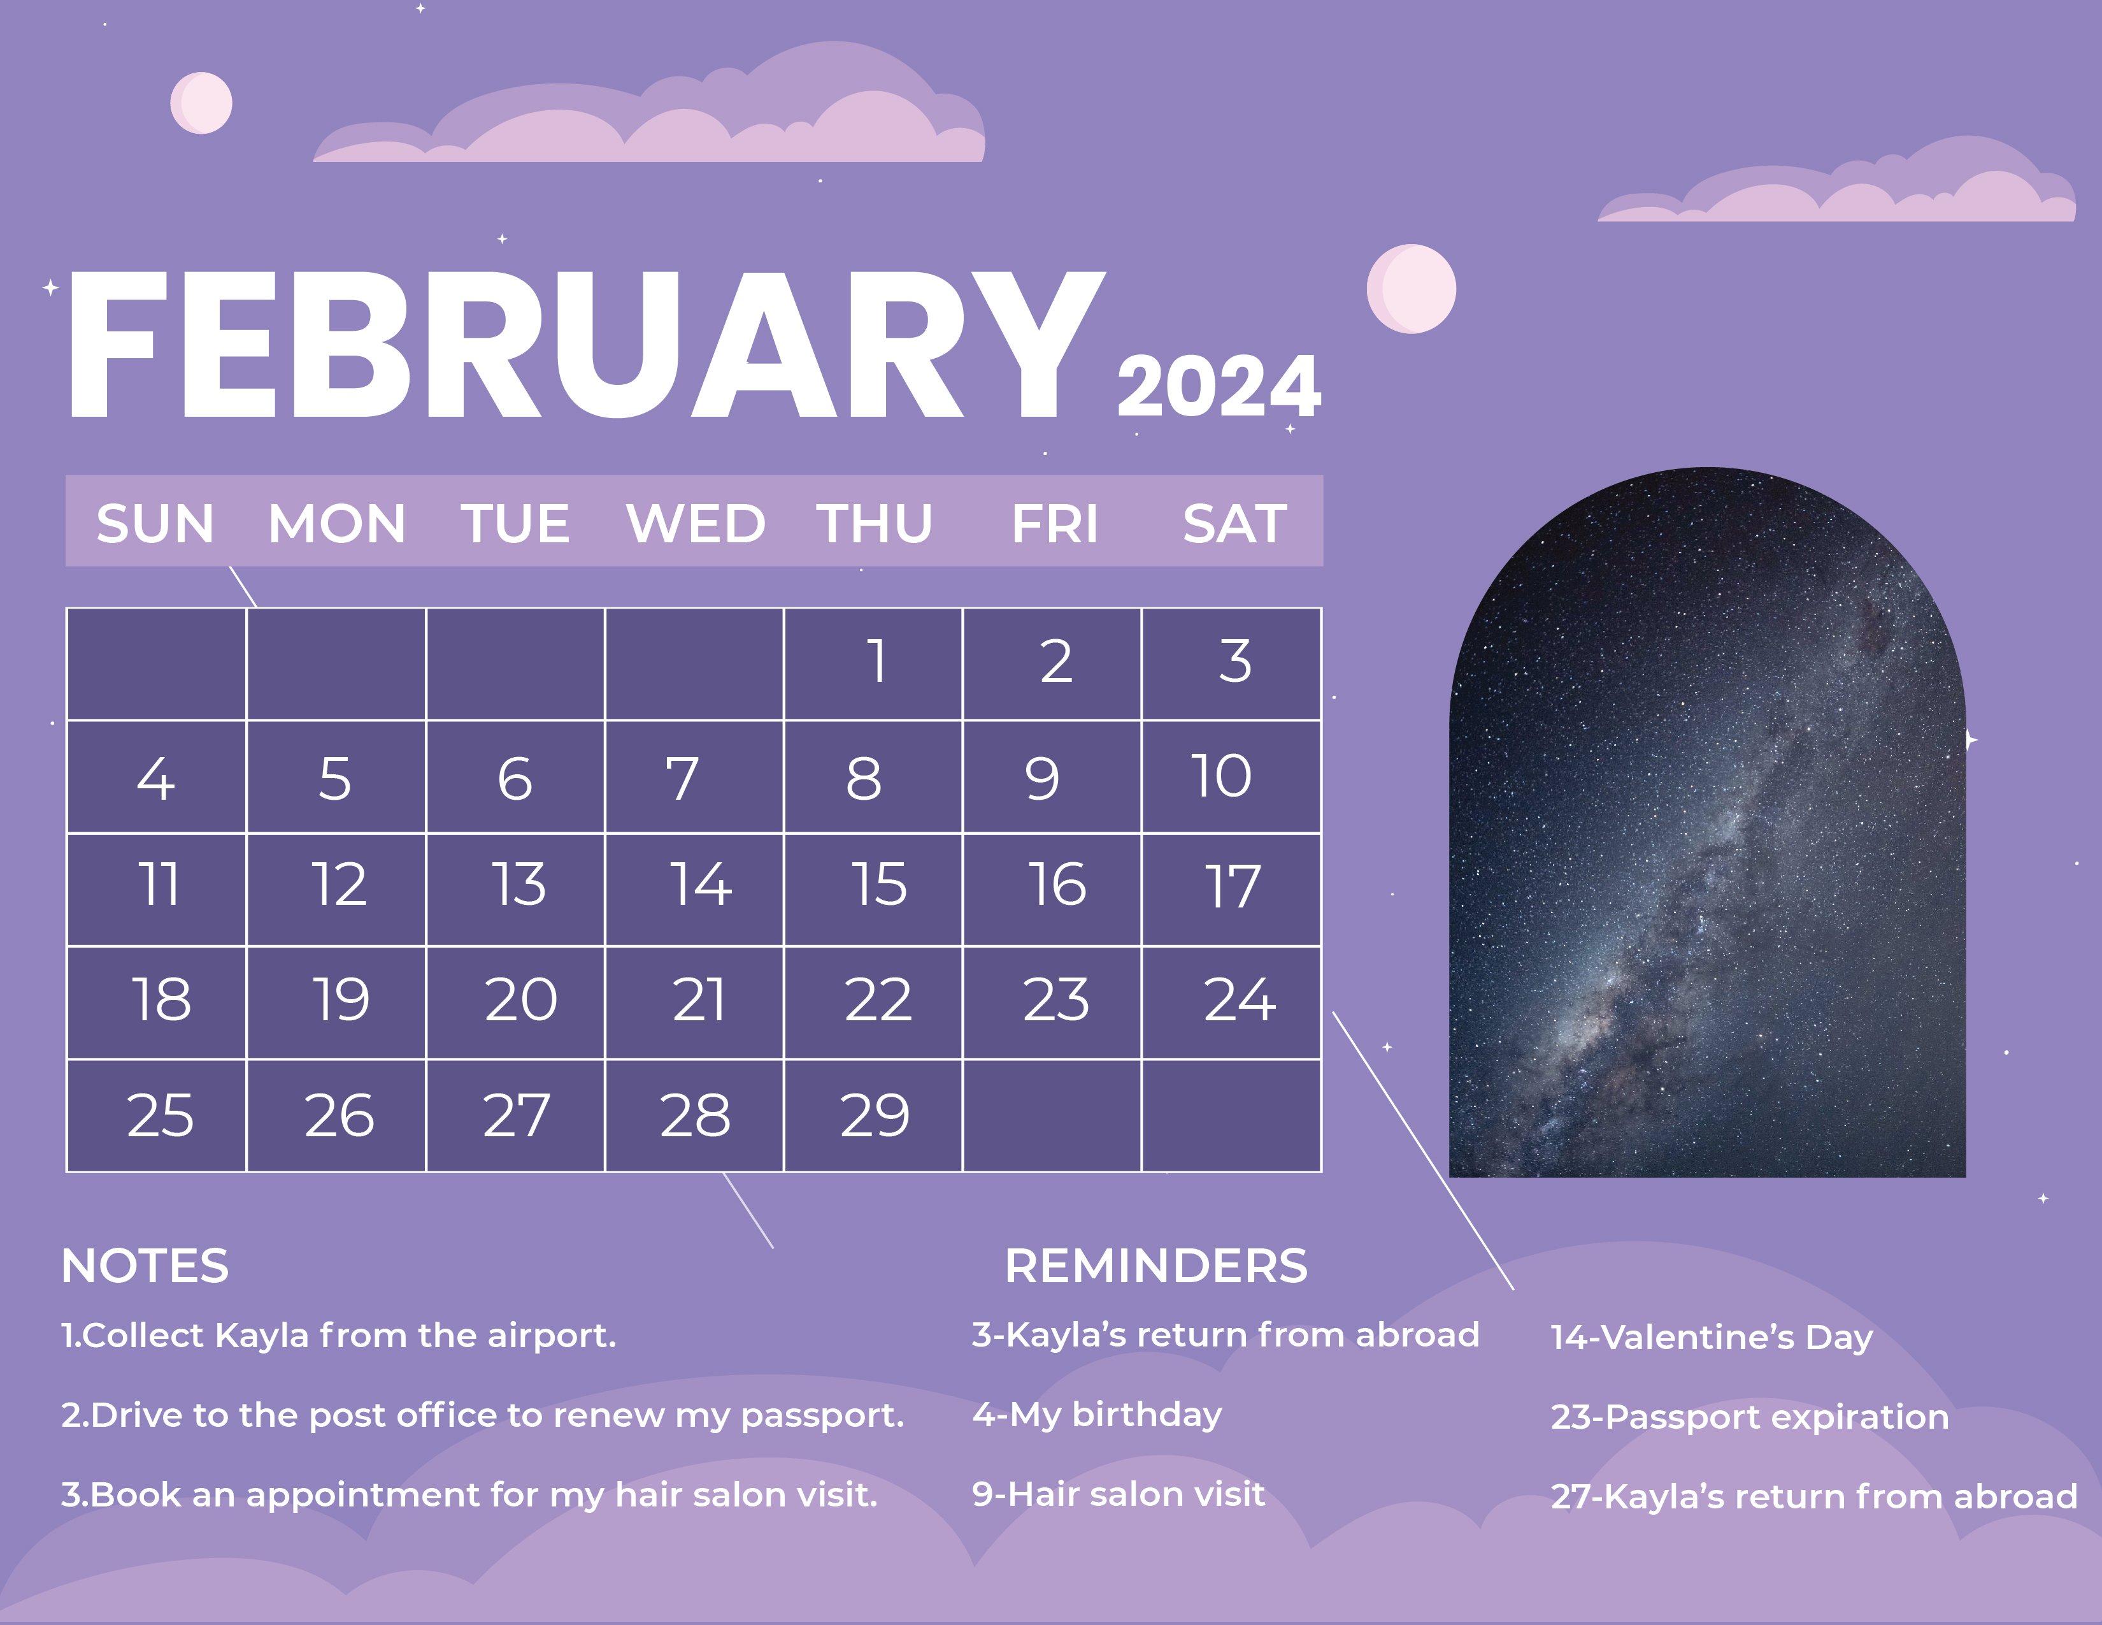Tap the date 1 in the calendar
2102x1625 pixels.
(876, 661)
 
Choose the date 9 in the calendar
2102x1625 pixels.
(1042, 778)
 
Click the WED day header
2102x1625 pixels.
(695, 524)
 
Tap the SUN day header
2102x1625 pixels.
(155, 524)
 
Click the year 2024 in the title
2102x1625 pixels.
(1219, 386)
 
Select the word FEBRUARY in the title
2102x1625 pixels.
(585, 347)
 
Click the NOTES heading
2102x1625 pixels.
(145, 1266)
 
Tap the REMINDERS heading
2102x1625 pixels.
(1156, 1266)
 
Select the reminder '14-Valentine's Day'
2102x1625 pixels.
(1712, 1337)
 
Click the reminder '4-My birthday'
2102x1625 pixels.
(1096, 1414)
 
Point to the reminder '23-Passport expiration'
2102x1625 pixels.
(1748, 1417)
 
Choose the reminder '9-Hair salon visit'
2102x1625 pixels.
(1117, 1494)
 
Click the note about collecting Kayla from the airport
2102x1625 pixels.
(338, 1336)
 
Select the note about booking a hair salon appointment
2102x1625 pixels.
(469, 1495)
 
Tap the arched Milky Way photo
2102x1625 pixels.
(1707, 847)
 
